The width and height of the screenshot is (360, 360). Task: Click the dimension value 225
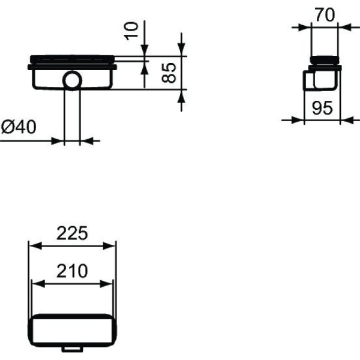point(73,232)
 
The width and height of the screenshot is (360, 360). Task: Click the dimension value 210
point(73,271)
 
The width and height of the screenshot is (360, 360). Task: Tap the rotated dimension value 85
point(170,73)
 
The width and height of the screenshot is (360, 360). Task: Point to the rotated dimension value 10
point(134,29)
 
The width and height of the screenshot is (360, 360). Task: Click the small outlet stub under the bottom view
point(73,349)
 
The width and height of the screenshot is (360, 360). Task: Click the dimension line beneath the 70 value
point(325,26)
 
